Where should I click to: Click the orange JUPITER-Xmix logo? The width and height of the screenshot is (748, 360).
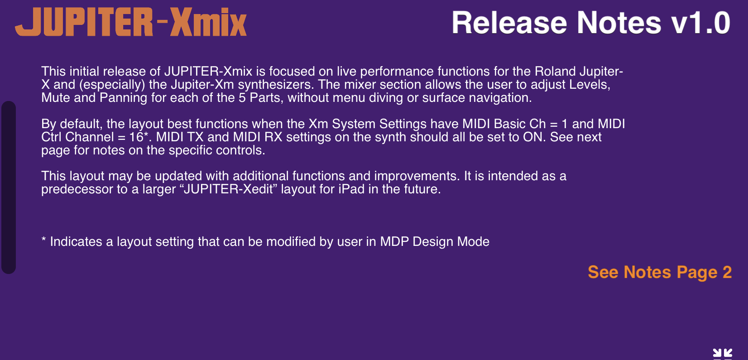tap(131, 22)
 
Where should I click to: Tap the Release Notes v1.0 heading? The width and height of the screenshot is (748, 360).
tap(591, 23)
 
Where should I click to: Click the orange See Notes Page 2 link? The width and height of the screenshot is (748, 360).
tap(660, 272)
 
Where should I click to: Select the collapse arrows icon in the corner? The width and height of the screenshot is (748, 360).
tap(722, 353)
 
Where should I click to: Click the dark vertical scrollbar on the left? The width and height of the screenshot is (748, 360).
tap(9, 187)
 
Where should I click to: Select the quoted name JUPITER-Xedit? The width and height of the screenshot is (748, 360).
tap(229, 189)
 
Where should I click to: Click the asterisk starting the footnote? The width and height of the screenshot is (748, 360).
tap(43, 240)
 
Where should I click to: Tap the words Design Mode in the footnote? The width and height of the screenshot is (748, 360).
tap(451, 242)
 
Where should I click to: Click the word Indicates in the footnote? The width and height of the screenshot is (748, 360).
tap(76, 242)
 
